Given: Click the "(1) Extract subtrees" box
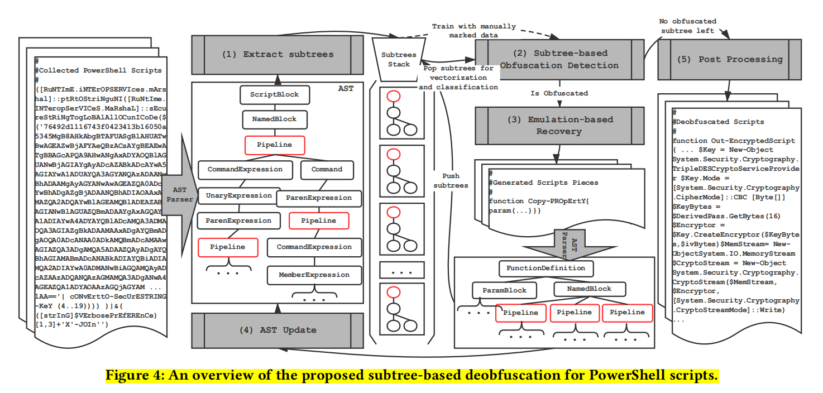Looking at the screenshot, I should click(x=277, y=55).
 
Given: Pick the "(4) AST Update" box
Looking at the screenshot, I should click(x=277, y=330).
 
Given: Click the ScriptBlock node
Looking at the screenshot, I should click(x=274, y=95).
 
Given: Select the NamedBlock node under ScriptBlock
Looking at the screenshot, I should click(x=274, y=119).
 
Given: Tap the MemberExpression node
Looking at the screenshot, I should click(x=314, y=275).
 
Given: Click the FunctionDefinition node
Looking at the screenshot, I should click(x=546, y=269).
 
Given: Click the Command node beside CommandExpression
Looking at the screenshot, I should click(x=327, y=169).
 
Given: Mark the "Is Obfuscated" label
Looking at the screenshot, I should click(x=559, y=93).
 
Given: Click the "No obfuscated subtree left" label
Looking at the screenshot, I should click(x=687, y=26).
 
